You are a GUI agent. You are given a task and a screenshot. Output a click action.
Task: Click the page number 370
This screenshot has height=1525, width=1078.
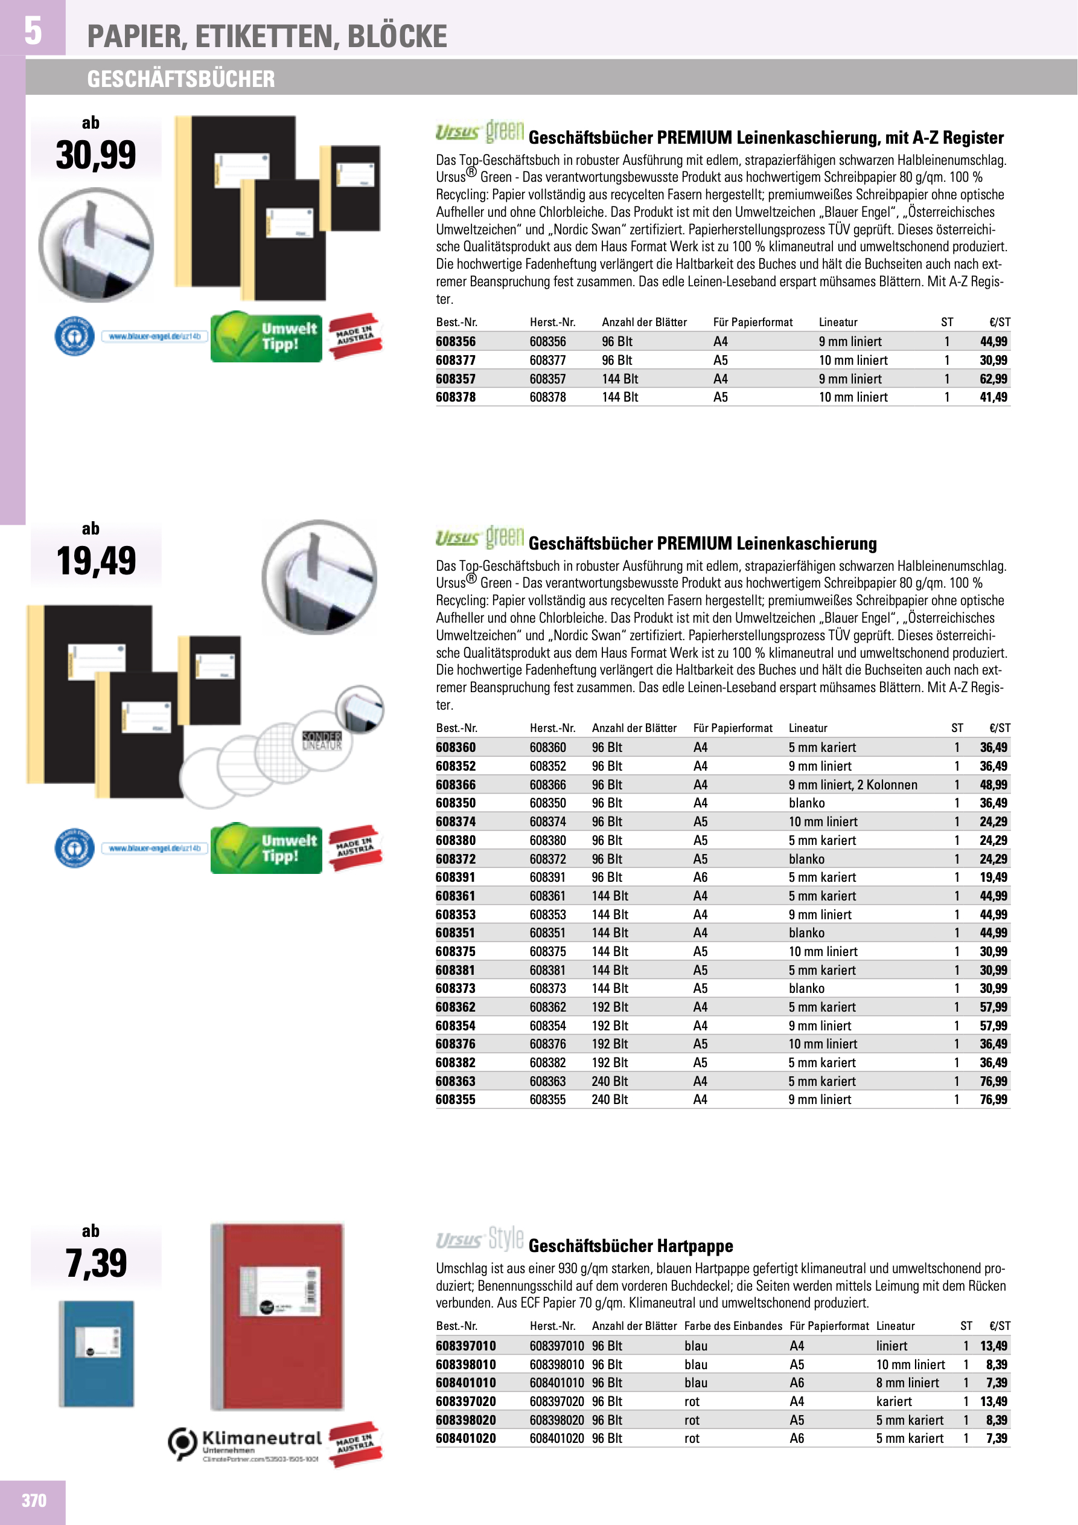[x=34, y=1500]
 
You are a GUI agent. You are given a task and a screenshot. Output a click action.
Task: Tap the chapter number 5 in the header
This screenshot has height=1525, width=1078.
[x=33, y=31]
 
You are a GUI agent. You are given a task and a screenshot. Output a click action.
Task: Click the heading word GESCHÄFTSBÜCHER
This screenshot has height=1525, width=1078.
[x=180, y=79]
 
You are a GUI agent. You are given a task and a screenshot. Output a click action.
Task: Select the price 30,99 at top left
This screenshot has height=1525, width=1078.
[x=95, y=155]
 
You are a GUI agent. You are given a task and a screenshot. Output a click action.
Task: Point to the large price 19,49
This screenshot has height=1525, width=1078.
[x=95, y=560]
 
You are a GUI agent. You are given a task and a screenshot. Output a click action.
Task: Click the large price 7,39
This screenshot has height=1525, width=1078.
[x=95, y=1263]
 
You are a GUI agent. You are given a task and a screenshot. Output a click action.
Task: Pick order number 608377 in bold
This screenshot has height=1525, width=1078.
[x=455, y=360]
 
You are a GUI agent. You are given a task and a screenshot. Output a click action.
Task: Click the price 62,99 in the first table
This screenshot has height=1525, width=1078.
[x=993, y=379]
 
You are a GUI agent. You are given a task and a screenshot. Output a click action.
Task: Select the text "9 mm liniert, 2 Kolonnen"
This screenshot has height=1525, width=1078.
[x=852, y=785]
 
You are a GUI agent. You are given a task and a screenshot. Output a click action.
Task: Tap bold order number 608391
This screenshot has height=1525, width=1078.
[x=455, y=877]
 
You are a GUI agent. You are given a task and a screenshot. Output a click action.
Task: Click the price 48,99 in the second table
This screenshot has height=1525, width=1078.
[x=993, y=785]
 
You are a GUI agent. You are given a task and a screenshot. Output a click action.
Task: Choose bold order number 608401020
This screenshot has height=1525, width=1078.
[x=465, y=1438]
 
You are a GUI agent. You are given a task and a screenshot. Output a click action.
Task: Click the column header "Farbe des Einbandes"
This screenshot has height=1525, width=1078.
[x=733, y=1326]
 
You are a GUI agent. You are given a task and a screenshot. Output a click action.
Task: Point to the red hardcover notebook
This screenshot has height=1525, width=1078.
[x=277, y=1317]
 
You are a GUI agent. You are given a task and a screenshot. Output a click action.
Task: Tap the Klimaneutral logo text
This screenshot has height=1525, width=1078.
[x=261, y=1439]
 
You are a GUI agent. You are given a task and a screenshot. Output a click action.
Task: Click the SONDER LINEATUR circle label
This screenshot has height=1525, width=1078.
[x=322, y=740]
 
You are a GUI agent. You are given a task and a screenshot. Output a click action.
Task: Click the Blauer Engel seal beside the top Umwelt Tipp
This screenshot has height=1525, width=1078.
[x=74, y=336]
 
